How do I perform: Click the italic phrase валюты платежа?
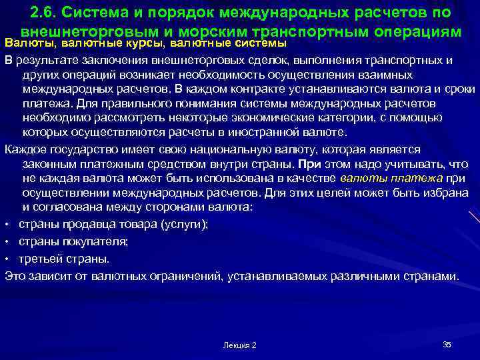391,178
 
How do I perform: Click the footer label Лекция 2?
240,345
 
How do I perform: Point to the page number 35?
447,344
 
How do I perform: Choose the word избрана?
449,193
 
